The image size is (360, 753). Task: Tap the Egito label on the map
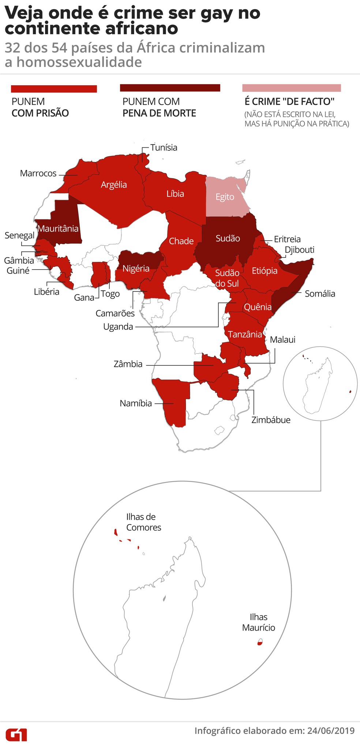[225, 197]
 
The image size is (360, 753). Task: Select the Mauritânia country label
[58, 229]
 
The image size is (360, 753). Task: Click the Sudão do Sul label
[227, 278]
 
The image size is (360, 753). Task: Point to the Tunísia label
[164, 148]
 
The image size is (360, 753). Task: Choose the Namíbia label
[135, 403]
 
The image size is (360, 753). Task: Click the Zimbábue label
[271, 420]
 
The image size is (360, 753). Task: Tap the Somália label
[320, 294]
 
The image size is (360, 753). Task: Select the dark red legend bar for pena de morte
[170, 88]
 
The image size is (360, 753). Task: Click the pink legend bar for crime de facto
[291, 88]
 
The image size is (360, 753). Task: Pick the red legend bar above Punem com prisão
[54, 89]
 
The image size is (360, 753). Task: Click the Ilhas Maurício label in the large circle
[258, 622]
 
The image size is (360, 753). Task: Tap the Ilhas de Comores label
[143, 522]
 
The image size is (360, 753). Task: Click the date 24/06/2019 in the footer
[331, 731]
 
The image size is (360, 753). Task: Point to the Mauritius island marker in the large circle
[260, 642]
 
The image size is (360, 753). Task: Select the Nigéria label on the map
[136, 269]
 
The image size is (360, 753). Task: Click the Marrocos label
[38, 173]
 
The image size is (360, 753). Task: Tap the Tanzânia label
[245, 334]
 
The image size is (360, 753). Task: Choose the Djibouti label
[300, 250]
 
